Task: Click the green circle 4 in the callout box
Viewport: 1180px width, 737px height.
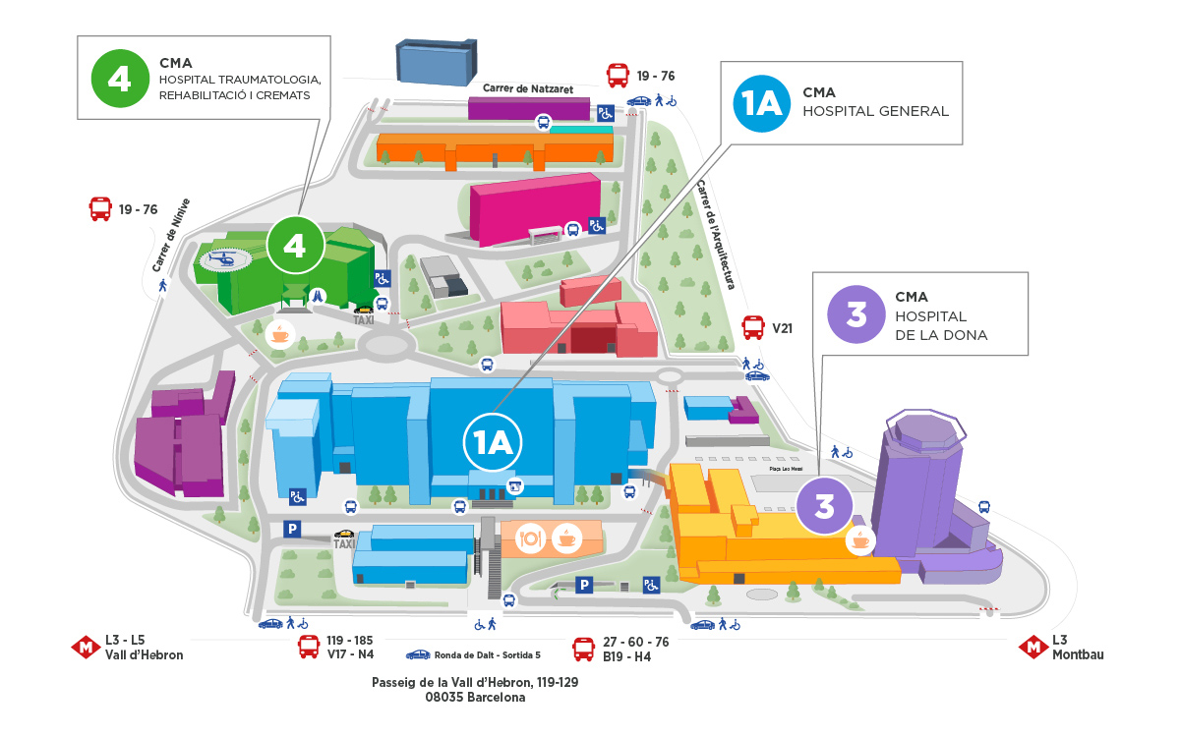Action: (119, 78)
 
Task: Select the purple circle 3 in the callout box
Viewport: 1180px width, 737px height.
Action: (856, 314)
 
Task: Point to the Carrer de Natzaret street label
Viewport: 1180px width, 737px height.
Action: (515, 88)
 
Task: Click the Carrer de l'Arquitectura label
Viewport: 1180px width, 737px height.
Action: (716, 234)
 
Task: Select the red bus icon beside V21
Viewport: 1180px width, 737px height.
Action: (753, 327)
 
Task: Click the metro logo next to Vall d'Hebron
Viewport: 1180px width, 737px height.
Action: (86, 648)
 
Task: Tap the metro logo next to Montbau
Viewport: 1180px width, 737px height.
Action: (1032, 648)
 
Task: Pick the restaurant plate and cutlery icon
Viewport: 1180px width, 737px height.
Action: (531, 539)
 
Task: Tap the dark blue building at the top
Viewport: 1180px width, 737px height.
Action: (436, 61)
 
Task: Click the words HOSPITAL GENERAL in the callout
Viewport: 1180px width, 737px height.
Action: (875, 111)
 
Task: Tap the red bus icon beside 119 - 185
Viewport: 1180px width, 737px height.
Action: (309, 648)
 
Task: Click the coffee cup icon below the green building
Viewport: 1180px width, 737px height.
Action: (279, 333)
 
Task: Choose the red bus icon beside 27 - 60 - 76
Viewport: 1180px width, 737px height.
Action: (584, 649)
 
